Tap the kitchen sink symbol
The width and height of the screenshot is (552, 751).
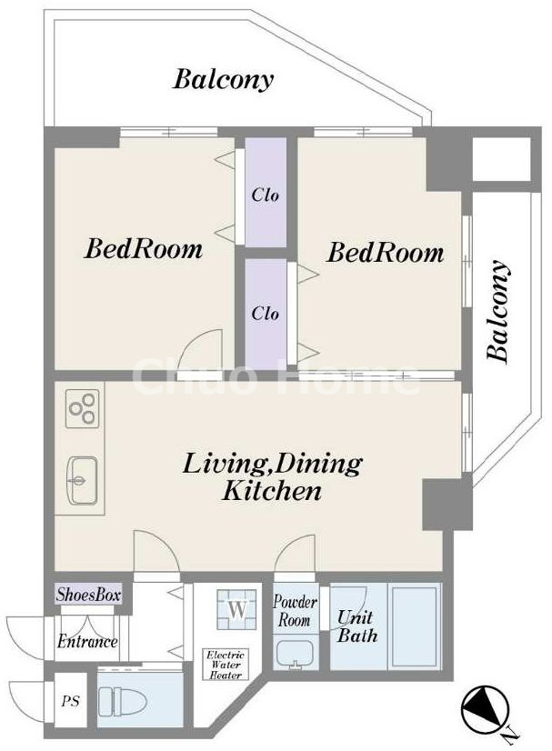84,480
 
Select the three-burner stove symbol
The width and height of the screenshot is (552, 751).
83,408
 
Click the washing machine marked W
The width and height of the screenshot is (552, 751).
236,610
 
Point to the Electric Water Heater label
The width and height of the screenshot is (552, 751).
226,665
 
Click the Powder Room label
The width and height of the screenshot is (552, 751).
295,611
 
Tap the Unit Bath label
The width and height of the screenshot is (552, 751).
357,626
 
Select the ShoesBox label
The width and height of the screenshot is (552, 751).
87,595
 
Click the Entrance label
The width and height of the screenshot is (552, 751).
87,641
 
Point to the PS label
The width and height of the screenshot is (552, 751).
70,701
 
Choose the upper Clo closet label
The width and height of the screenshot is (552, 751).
265,195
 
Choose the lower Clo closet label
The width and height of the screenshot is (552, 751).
265,314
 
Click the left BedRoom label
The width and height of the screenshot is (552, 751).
144,249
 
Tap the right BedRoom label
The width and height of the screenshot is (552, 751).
386,252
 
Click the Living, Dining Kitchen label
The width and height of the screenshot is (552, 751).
272,477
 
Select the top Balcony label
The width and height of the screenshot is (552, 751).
224,79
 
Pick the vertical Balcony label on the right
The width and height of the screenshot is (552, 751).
497,310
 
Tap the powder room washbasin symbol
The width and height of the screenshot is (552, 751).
295,654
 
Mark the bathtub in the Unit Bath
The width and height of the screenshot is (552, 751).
415,626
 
